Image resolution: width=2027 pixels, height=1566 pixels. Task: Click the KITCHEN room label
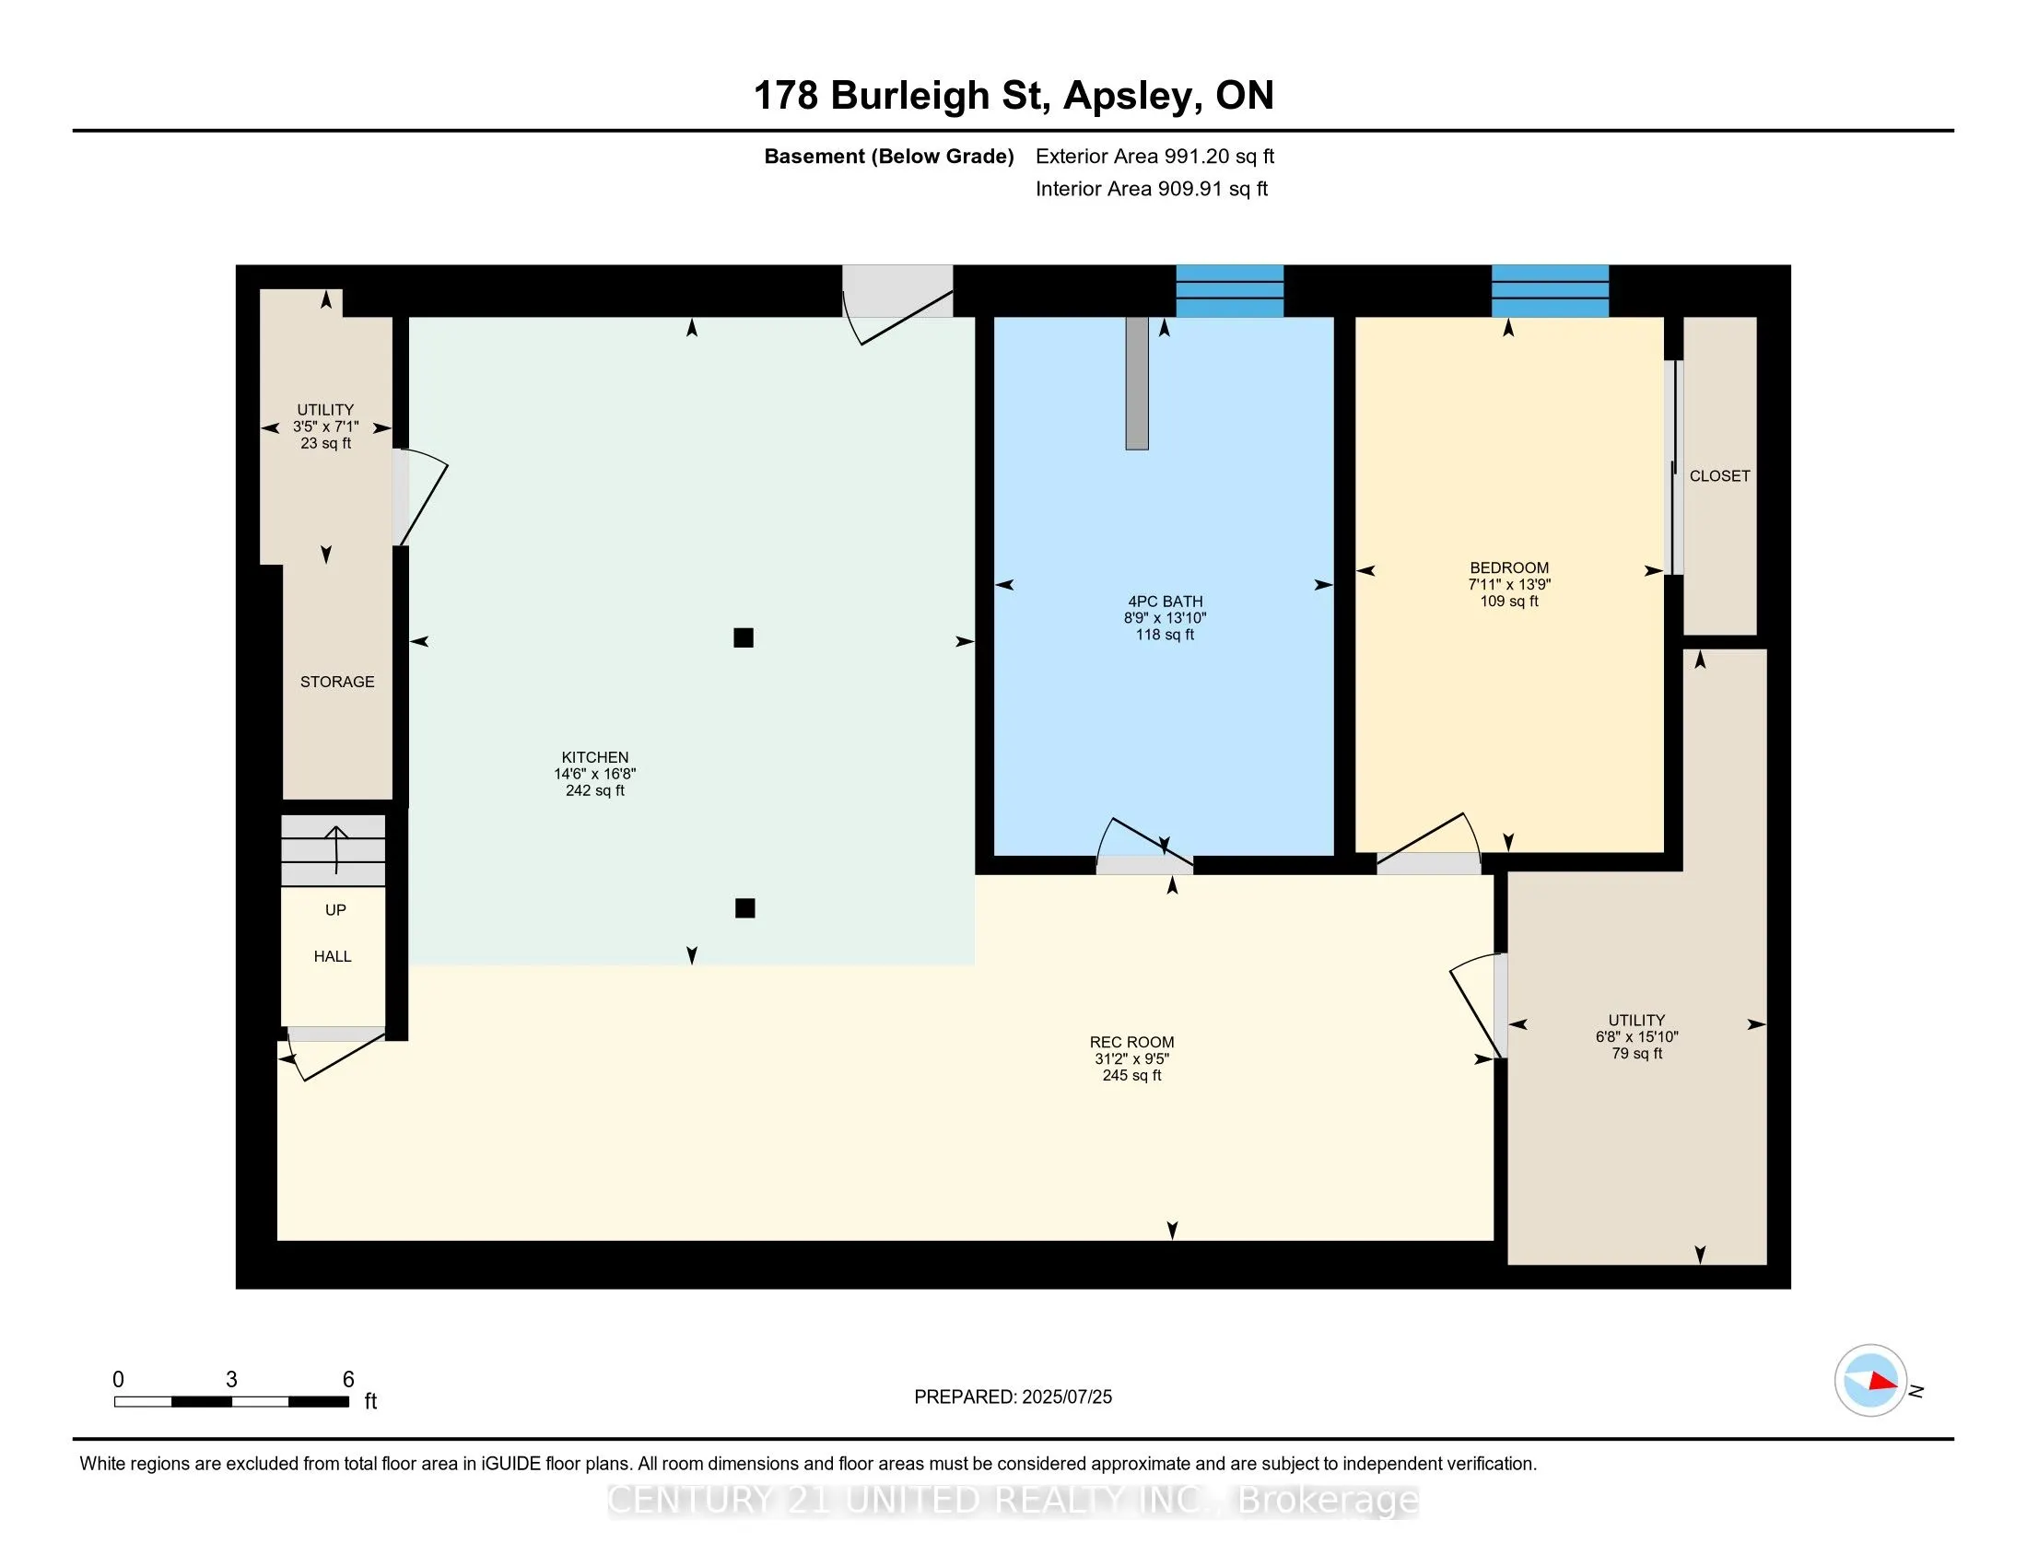coord(595,757)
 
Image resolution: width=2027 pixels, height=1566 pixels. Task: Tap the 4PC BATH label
coord(1165,602)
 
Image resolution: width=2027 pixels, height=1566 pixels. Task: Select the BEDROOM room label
coord(1509,567)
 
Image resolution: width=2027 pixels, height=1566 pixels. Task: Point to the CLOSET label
coord(1720,476)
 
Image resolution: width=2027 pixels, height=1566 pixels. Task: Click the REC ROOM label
coord(1131,1042)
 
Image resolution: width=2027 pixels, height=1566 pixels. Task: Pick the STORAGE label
coord(337,682)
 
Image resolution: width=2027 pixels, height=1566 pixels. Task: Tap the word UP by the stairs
coord(335,910)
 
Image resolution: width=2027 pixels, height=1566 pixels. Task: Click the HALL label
coord(333,956)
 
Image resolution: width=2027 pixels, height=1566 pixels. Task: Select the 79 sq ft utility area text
coord(1637,1054)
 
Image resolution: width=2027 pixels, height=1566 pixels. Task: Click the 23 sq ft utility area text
coord(326,443)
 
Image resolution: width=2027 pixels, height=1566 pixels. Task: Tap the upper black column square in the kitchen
coord(744,637)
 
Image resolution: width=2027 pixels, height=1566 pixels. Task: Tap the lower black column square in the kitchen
coord(744,908)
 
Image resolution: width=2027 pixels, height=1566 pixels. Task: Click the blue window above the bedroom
coord(1550,291)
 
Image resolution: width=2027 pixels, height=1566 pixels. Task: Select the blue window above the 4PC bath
coord(1230,291)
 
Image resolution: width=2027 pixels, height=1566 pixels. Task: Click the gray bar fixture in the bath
coord(1137,383)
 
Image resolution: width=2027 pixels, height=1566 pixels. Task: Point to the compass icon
coord(1870,1381)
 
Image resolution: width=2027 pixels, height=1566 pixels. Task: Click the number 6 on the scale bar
coord(348,1380)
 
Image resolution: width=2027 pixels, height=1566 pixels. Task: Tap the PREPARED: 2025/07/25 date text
coord(1013,1397)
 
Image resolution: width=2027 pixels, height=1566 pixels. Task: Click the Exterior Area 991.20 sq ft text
coord(1154,156)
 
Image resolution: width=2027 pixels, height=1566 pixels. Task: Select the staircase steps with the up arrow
coord(334,851)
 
